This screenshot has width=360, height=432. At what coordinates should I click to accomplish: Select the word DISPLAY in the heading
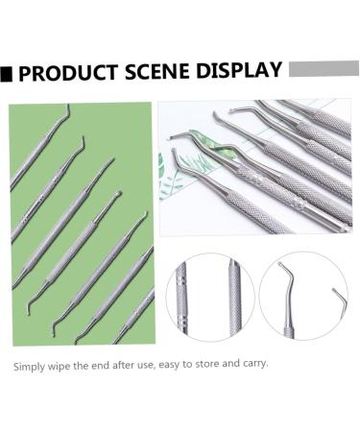click(234, 71)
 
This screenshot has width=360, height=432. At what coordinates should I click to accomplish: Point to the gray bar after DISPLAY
click(323, 68)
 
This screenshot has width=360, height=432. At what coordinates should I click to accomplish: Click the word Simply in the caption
click(29, 365)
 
